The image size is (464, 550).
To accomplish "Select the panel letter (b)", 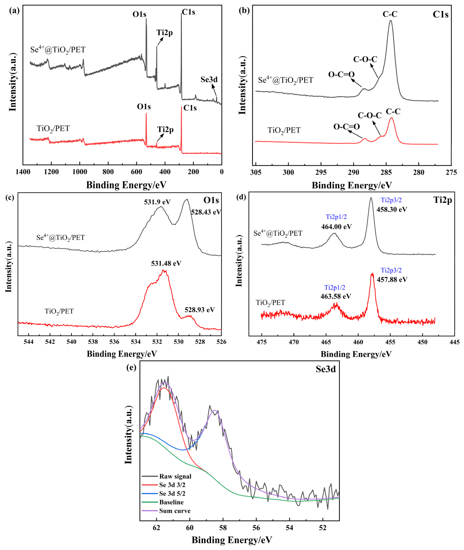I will pos(244,11).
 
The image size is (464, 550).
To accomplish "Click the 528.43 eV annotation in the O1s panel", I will pos(206,212).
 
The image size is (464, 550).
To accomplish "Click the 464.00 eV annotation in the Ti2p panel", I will pos(336,227).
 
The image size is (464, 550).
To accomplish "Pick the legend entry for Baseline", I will pos(171,502).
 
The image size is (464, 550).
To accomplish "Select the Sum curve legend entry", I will pos(175,511).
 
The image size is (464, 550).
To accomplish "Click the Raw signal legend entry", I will pos(175,476).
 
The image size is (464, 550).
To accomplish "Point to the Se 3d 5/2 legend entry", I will pos(172,493).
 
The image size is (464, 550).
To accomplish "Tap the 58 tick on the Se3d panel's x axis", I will pos(223,528).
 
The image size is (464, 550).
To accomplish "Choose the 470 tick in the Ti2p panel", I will pos(294,342).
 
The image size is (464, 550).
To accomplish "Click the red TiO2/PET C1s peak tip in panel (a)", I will pos(181,107).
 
